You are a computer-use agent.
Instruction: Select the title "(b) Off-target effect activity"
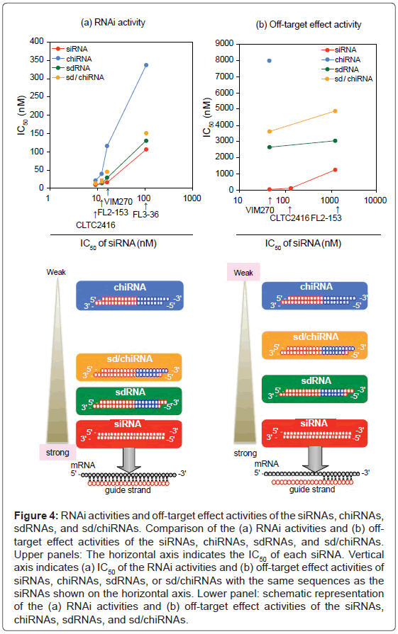(x=308, y=25)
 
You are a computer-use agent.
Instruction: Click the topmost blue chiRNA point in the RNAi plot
(x=146, y=65)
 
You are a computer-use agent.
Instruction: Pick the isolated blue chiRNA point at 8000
(x=269, y=61)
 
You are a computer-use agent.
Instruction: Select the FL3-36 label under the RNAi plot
(x=147, y=213)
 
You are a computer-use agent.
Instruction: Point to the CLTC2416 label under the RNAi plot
(x=96, y=225)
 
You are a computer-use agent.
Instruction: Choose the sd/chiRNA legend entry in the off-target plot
(x=347, y=78)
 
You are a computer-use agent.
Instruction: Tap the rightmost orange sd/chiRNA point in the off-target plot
(x=335, y=111)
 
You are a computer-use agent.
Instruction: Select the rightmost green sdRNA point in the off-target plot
(x=335, y=140)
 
